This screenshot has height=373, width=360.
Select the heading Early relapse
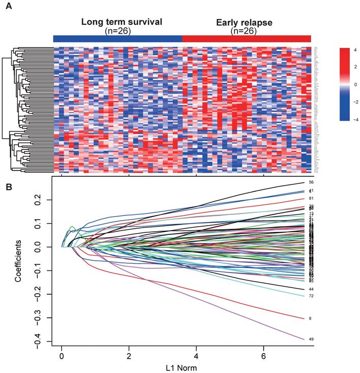point(244,22)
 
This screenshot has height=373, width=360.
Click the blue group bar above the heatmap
point(117,39)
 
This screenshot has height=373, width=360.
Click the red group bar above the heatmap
point(246,39)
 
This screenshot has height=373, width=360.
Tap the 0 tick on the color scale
point(354,84)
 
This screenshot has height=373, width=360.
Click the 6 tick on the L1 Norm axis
point(264,356)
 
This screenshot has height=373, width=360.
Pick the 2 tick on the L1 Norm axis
point(129,356)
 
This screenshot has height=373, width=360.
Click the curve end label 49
point(304,339)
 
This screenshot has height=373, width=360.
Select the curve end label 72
point(304,296)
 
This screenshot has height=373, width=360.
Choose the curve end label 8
point(303,319)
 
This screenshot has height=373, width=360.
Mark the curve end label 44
point(304,289)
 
